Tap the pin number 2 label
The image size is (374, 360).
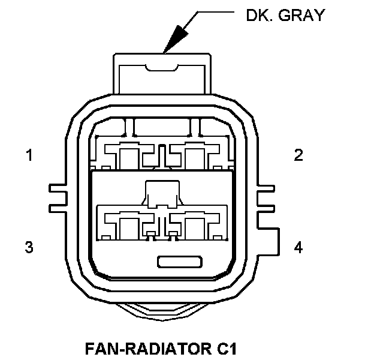pos(298,155)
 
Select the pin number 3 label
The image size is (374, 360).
pos(29,247)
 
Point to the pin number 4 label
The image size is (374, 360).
pos(298,247)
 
